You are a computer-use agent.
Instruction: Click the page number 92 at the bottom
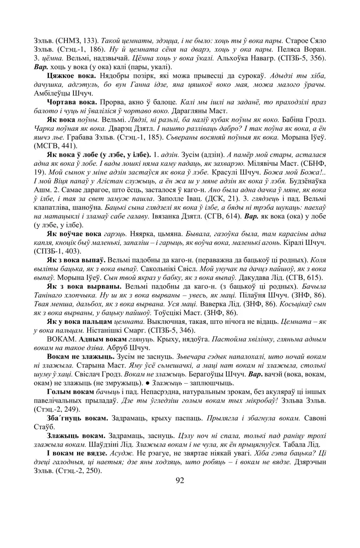(180, 480)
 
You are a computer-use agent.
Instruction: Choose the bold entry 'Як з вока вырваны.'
(80, 287)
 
